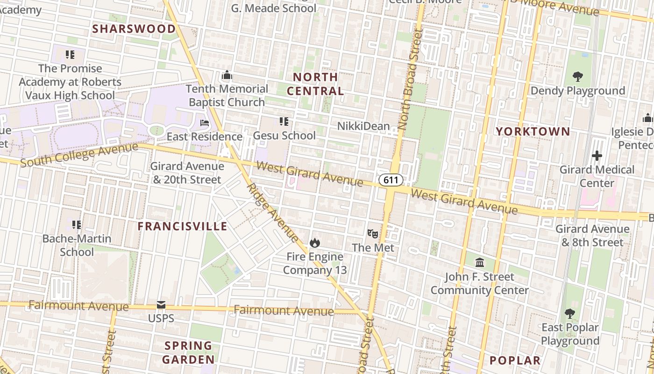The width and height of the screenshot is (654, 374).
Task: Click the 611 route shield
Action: pos(391,180)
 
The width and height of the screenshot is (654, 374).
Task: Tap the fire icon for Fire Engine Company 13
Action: pos(314,243)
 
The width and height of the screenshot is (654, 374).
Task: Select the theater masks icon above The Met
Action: pos(372,233)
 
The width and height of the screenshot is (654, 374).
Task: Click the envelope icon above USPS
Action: pos(161,305)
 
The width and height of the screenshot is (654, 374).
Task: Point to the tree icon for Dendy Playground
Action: pos(578,77)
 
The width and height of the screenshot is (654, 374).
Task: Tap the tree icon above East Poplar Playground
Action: pos(569,313)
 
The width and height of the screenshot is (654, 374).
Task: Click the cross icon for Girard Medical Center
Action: pos(597,156)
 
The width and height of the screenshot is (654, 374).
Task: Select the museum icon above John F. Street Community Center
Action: pos(480,262)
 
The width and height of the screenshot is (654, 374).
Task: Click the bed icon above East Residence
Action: pos(205,123)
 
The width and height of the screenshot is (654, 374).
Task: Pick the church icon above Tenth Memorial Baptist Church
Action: pos(227,75)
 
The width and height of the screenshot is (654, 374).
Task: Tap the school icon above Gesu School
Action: pos(284,122)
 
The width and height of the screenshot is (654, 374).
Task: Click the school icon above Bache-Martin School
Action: pos(77,225)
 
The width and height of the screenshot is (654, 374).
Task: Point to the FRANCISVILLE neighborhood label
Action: pos(182,227)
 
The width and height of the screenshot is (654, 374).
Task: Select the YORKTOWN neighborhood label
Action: pos(533,131)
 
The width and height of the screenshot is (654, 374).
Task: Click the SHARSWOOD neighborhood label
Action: pos(134,29)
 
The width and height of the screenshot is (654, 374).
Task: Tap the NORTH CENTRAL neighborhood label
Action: pos(315,84)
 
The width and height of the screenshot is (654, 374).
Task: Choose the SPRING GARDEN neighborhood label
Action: pos(188,352)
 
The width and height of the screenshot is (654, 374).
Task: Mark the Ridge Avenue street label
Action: pos(272,212)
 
